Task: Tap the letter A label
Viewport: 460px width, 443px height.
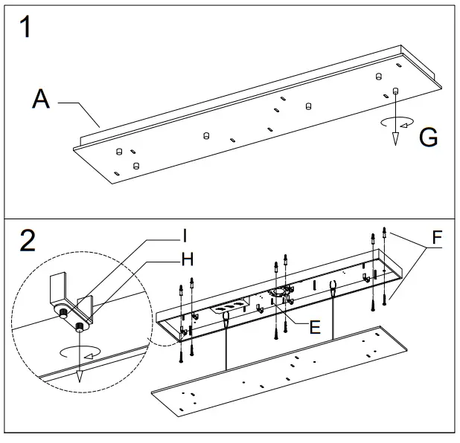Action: point(42,100)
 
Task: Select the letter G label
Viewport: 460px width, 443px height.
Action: point(428,137)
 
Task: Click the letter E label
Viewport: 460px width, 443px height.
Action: point(315,327)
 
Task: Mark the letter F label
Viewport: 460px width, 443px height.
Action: point(436,239)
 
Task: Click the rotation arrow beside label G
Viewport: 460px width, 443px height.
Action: point(395,123)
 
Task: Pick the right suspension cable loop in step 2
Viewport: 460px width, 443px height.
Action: point(332,287)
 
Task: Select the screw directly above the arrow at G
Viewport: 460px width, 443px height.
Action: point(395,91)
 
